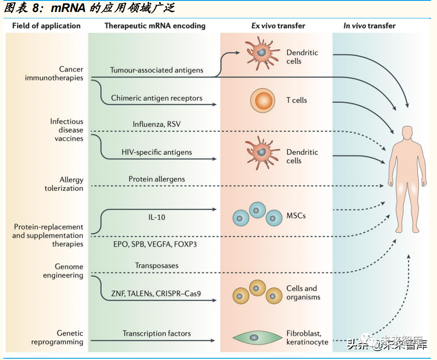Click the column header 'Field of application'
click(46, 26)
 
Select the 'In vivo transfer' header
click(369, 26)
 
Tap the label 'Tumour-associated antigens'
click(157, 70)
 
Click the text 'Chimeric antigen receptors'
click(157, 98)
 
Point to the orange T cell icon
click(262, 101)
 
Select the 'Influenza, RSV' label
click(157, 124)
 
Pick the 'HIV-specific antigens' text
click(157, 152)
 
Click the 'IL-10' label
click(157, 217)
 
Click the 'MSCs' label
click(296, 216)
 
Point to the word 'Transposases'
click(157, 266)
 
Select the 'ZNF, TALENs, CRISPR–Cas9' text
click(157, 293)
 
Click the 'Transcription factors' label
click(157, 334)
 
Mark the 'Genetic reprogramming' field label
click(63, 337)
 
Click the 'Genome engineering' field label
click(63, 271)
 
